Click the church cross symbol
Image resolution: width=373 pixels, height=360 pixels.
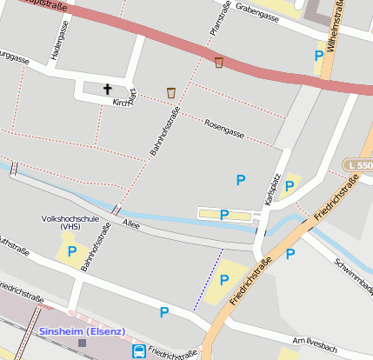point(109,89)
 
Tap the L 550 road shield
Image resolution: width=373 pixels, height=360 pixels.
point(357,165)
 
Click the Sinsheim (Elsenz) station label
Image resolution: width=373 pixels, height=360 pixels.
point(83,331)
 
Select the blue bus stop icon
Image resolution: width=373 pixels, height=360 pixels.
point(139,351)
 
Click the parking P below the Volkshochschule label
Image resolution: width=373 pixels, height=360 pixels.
point(72,251)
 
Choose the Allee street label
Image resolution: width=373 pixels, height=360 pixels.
point(131,224)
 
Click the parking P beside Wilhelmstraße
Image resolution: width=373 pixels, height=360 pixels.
point(319,56)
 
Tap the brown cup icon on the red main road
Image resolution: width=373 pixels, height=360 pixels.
point(219,62)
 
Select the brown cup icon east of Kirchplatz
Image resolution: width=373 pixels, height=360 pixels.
point(172,92)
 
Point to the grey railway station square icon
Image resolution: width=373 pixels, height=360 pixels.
point(83,343)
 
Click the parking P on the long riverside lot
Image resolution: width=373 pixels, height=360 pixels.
point(224,214)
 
